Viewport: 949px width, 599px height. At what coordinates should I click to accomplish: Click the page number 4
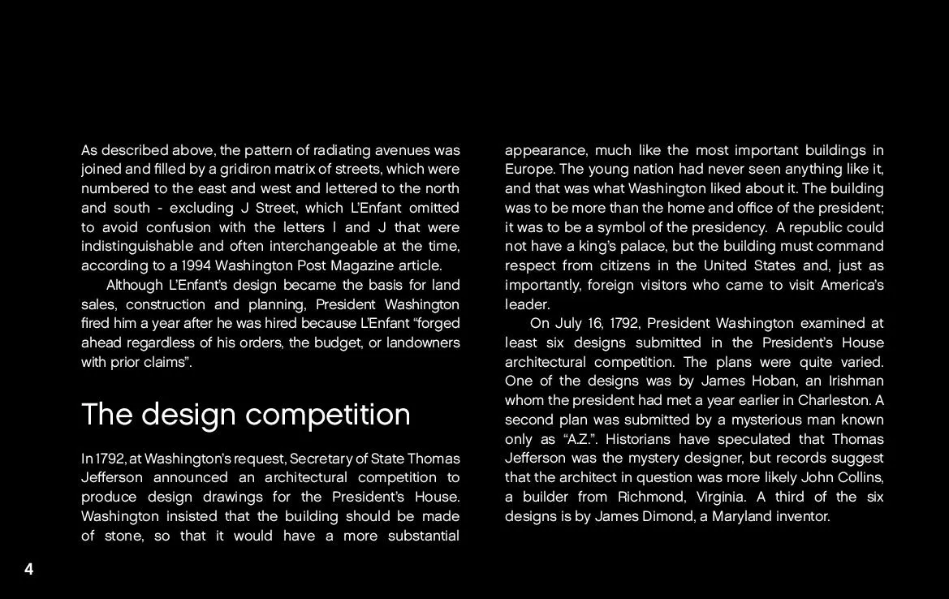(28, 569)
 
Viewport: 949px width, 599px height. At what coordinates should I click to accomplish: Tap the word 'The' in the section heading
(106, 415)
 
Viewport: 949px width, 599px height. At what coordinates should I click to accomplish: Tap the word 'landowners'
(423, 343)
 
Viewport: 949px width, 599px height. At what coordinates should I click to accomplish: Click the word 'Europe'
(528, 169)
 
